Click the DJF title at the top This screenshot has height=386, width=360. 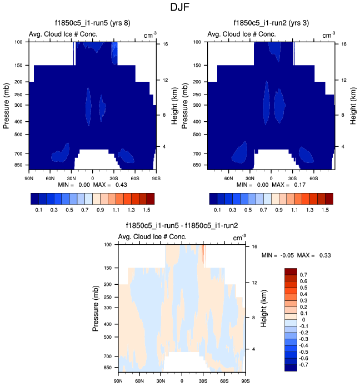(179, 8)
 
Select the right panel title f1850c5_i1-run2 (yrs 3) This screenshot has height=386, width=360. (271, 23)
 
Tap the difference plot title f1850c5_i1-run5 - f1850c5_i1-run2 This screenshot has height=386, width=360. (182, 226)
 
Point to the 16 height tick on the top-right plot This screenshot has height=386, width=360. (343, 43)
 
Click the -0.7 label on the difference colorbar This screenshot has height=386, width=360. (306, 367)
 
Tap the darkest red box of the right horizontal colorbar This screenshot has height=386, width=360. (328, 197)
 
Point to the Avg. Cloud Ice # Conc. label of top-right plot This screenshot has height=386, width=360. (241, 34)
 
